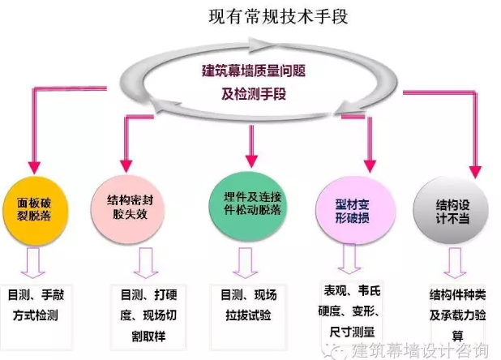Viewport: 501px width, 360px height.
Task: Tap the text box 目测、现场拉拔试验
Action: coord(247,302)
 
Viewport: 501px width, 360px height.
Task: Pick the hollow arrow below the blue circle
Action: coord(350,259)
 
